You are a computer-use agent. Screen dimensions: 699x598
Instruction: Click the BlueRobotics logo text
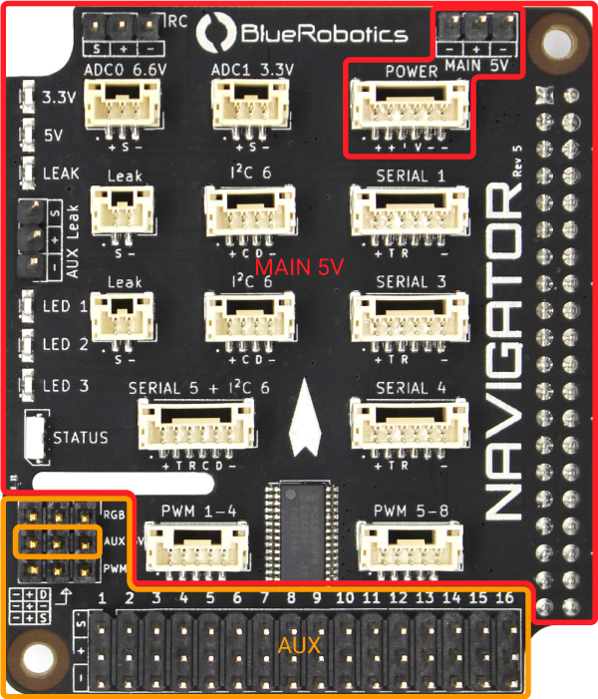(324, 34)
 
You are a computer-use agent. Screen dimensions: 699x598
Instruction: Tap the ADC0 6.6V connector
(119, 103)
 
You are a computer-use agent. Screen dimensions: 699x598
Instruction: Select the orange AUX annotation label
(299, 646)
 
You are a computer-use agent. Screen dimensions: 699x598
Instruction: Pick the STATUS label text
(81, 437)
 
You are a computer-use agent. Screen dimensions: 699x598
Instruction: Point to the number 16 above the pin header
(503, 597)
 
